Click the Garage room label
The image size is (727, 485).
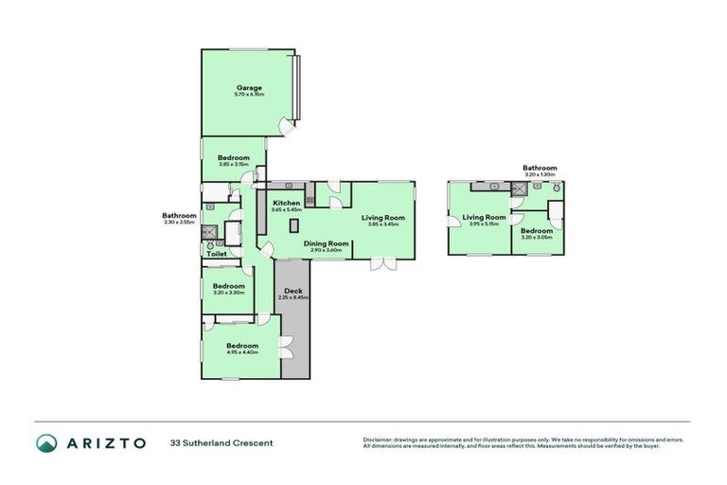point(249,88)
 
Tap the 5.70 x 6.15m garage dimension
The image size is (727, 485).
point(249,95)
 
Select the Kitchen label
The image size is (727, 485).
point(287,203)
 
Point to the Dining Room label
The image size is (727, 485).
point(327,243)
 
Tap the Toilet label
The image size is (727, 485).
point(216,255)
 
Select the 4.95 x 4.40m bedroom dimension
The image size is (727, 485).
point(242,352)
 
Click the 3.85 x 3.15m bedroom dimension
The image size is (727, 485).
point(233,164)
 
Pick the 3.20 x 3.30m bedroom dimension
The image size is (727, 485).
point(228,293)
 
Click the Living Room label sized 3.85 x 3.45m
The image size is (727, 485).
point(383,219)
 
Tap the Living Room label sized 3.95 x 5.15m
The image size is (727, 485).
point(484,219)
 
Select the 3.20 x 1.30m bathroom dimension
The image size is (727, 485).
point(540,174)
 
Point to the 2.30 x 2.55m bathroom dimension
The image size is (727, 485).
point(179,222)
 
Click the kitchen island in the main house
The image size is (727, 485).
point(295,225)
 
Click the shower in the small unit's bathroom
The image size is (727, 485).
point(519,189)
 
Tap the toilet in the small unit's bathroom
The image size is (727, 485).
point(557,189)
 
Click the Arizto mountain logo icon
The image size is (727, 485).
point(46,442)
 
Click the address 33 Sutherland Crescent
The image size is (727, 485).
point(222,442)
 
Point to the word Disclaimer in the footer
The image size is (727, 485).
point(380,440)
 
